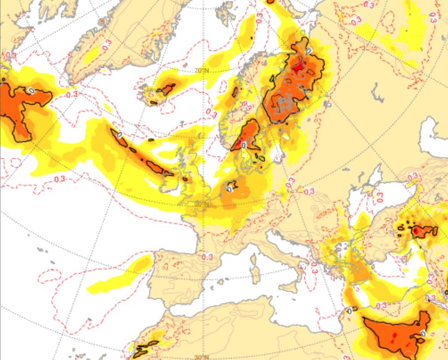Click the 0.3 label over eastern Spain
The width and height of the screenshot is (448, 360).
click(207, 257)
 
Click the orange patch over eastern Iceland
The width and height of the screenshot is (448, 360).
click(167, 89)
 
